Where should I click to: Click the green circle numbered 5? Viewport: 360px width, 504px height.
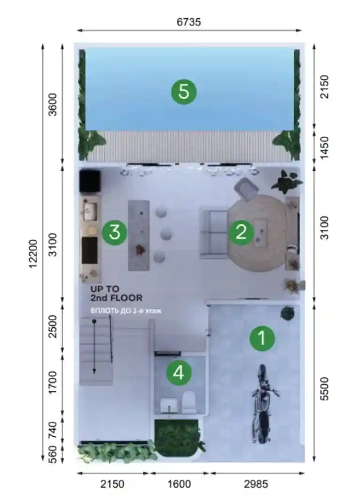coord(184,92)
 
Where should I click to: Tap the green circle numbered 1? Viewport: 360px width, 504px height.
coord(262,338)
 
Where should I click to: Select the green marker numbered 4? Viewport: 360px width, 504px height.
coord(179,372)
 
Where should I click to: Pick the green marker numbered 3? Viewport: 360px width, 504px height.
coord(114,232)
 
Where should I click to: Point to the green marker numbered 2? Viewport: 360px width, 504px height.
coord(241,232)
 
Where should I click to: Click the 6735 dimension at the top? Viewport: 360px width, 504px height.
coord(189,22)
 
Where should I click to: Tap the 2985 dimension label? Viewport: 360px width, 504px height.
coord(256,484)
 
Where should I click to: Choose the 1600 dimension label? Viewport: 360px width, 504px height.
coord(179,484)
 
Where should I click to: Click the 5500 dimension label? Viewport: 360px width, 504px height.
coord(325,389)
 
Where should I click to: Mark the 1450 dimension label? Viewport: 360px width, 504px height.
coord(325,148)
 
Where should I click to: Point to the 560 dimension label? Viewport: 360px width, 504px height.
coord(52,454)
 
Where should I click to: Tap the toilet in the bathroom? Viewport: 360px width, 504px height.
coord(189,402)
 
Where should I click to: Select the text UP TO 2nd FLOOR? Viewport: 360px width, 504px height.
coord(117,293)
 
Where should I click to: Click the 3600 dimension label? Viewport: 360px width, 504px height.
coord(52,104)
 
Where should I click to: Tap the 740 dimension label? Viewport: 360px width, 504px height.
coord(52,430)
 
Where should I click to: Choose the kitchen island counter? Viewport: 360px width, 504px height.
coord(139,236)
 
